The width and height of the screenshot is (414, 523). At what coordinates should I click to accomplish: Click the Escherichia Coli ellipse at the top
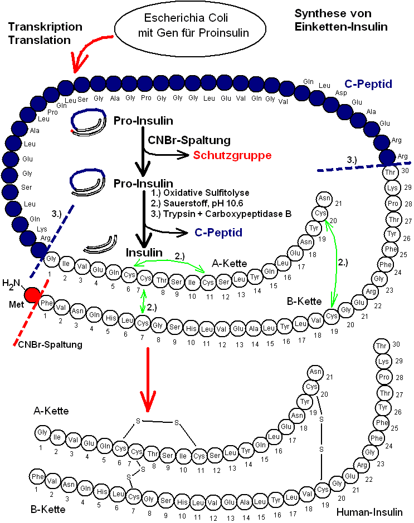coord(182,27)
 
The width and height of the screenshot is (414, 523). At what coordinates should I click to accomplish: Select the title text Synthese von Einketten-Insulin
coord(341,19)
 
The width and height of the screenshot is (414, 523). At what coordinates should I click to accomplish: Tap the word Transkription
coord(45,27)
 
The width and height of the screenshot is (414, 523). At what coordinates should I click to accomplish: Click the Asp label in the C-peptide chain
coord(340,93)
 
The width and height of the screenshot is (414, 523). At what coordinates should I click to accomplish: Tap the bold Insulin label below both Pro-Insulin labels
coord(144,253)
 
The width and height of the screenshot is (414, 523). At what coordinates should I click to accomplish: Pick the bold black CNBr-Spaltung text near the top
coord(189,140)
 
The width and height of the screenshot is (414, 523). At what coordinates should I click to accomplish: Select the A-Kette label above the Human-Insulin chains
coord(51,411)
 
